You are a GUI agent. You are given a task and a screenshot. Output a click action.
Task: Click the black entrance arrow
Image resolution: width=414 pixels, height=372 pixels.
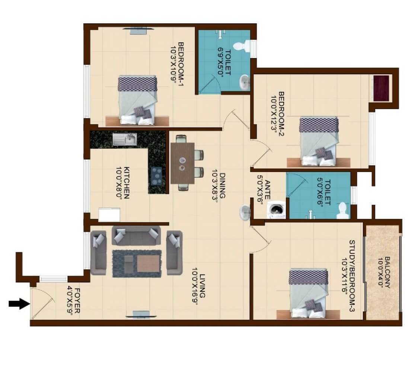pos(19,304)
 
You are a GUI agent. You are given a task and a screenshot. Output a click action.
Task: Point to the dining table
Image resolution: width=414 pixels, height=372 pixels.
pos(182,163)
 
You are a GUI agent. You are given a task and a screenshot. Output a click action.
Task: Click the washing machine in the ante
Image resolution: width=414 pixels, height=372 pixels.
pos(276,210)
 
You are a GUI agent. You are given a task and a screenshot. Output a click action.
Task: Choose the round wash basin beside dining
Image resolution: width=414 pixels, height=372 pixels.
pos(246,213)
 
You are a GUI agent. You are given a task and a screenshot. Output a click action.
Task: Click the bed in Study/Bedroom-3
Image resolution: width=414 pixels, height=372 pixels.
pos(309,294)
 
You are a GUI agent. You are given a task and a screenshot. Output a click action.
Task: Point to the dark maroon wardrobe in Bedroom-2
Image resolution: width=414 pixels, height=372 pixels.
pos(381,88)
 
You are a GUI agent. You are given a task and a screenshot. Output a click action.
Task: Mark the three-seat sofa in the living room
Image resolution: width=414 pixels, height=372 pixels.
pos(136,236)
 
